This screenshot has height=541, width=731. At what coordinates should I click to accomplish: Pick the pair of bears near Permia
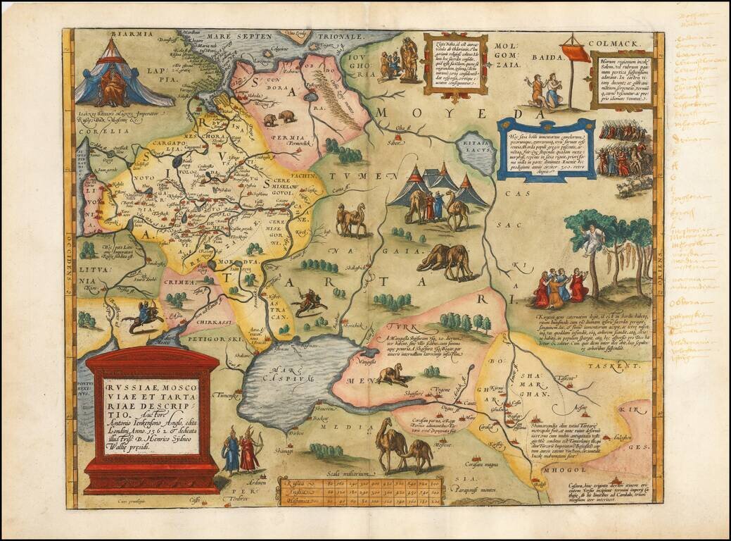(x=279, y=117)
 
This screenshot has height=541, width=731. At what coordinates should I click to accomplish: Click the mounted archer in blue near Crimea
(x=146, y=316)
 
